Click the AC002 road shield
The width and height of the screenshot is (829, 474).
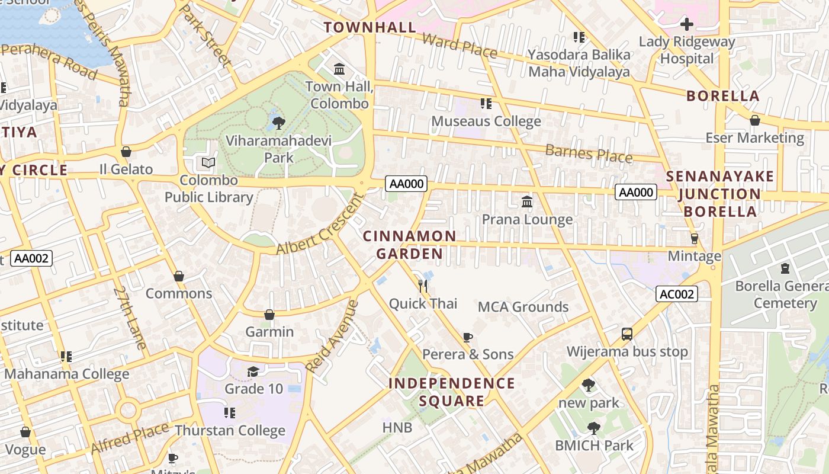677,294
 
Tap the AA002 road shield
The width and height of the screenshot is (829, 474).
31,258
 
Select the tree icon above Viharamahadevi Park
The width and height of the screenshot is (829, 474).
278,123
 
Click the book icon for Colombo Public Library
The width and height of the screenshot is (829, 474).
208,162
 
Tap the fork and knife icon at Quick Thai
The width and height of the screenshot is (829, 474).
423,286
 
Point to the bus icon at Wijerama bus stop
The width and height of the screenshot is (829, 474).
627,334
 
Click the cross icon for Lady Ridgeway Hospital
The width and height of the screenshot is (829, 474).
687,24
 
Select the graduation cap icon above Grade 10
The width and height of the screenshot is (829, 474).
253,371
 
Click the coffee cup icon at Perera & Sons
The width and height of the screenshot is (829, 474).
468,338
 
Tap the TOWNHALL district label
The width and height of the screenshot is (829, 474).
370,27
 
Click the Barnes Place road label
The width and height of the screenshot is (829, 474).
589,153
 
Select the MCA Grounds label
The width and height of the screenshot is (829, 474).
523,307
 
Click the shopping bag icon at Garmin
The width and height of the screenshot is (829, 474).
269,315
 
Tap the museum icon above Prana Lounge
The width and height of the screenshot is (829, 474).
527,202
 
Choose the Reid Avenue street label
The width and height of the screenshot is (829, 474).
333,336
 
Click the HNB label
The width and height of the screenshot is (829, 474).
397,427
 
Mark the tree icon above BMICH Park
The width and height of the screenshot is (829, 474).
593,428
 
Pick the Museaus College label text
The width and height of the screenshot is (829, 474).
486,121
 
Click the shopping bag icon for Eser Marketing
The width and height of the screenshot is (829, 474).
754,121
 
